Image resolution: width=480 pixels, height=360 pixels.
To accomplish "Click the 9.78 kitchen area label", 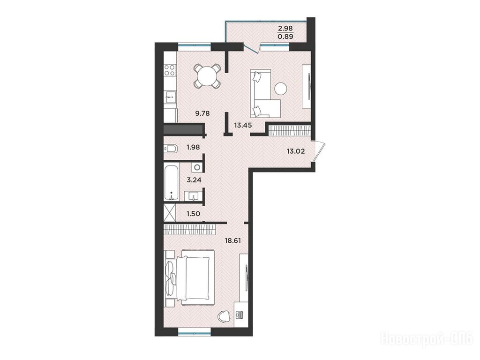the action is pyautogui.click(x=202, y=113).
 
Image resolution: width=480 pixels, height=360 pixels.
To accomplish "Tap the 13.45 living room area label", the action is pyautogui.click(x=243, y=125).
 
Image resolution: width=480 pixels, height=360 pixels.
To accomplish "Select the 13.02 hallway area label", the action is pyautogui.click(x=296, y=151).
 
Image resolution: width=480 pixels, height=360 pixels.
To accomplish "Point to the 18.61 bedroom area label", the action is pyautogui.click(x=232, y=240).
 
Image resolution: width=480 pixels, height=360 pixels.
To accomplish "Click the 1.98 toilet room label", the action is pyautogui.click(x=193, y=147).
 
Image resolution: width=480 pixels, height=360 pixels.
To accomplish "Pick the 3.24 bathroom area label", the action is pyautogui.click(x=194, y=180).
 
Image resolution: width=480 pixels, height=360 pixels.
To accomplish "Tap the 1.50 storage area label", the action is pyautogui.click(x=193, y=214).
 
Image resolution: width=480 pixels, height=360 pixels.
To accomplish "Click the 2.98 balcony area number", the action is pyautogui.click(x=285, y=29).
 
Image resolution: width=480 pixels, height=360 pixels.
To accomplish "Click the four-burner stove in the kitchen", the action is pyautogui.click(x=170, y=70).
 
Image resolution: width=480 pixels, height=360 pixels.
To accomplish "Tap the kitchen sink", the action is pyautogui.click(x=170, y=97).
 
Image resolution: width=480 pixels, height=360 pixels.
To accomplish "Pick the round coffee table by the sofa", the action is pyautogui.click(x=281, y=89).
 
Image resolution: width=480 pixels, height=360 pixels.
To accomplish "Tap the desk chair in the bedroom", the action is pyautogui.click(x=225, y=316).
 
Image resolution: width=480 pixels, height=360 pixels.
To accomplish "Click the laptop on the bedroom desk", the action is pyautogui.click(x=239, y=315).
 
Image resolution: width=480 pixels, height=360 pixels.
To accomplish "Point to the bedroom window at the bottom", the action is pyautogui.click(x=195, y=331).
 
